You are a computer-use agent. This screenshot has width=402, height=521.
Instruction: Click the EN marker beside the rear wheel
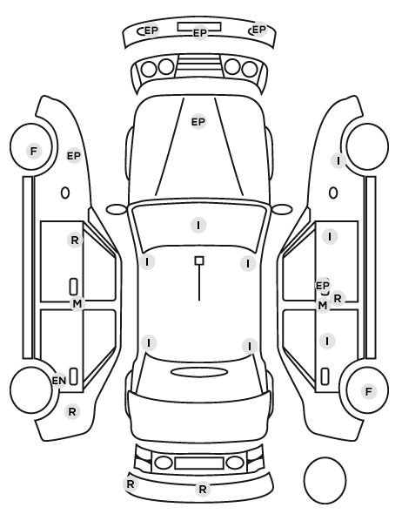pos(59,381)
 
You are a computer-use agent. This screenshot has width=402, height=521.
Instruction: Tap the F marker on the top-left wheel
pos(34,152)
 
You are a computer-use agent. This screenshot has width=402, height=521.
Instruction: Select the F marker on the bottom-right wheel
pos(368,392)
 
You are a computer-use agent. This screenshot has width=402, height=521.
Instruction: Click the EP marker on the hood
pos(198,122)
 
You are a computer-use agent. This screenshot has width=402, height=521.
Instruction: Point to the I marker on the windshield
pos(198,226)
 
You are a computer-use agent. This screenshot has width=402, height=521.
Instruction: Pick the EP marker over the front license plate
pos(200,33)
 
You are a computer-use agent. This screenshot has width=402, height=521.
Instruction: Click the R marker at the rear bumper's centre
pos(203,489)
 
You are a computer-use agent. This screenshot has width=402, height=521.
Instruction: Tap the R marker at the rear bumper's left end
pos(131,484)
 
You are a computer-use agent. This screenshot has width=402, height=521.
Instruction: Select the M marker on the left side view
pos(77,303)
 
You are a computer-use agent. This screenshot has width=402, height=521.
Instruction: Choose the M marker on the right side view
pos(323,305)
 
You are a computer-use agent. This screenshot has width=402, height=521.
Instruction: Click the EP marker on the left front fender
pos(74,155)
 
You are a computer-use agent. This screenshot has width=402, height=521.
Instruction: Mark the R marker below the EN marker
pos(72,412)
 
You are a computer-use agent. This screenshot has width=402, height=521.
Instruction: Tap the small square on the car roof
pos(199,260)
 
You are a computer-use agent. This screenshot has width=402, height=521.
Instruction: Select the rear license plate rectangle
pos(199,463)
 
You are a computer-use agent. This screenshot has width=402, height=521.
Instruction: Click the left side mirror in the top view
pos(117,209)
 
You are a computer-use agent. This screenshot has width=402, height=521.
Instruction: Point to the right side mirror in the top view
pos(282,209)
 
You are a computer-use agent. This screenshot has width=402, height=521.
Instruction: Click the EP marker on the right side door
pos(322,286)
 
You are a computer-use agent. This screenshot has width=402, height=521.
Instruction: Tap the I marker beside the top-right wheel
pos(338,161)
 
